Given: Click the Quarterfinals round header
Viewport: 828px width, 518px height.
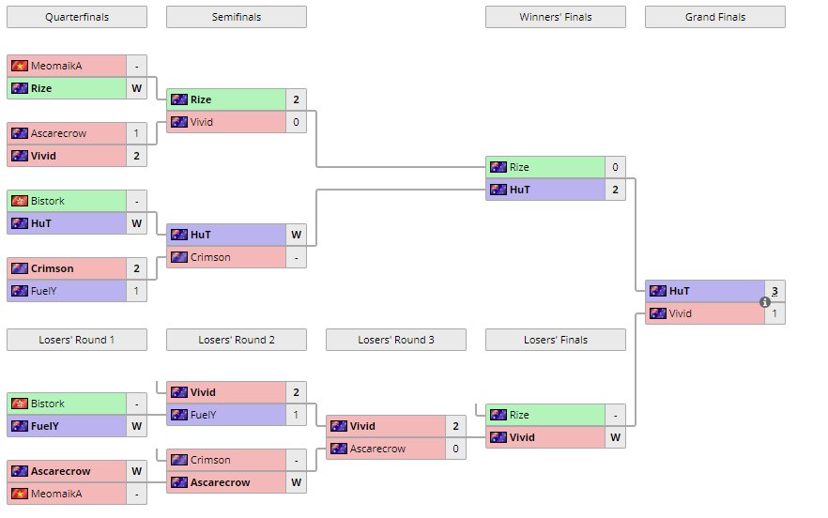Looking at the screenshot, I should click(x=76, y=17).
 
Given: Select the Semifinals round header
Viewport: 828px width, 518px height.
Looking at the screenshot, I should click(x=236, y=17).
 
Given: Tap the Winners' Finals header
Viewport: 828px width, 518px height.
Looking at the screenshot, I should click(x=555, y=17).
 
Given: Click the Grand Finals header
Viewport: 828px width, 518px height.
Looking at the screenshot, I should click(x=714, y=17).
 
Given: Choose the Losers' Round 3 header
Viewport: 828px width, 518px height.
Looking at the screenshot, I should click(x=395, y=340).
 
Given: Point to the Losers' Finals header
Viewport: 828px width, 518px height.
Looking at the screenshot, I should click(x=555, y=340).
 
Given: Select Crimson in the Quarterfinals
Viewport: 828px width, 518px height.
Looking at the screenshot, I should click(x=53, y=268).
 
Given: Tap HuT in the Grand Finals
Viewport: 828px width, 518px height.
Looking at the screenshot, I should click(x=680, y=291).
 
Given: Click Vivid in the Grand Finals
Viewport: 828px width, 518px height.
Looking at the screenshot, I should click(x=680, y=313).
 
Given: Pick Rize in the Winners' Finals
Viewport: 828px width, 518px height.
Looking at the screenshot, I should click(x=519, y=167).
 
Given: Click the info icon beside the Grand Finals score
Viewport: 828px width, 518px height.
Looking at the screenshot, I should click(x=765, y=302).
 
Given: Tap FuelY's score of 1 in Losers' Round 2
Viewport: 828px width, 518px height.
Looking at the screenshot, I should click(x=296, y=415).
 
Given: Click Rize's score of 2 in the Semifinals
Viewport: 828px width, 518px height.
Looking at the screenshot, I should click(x=296, y=99).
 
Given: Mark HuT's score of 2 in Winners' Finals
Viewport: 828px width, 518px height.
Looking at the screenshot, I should click(x=615, y=190).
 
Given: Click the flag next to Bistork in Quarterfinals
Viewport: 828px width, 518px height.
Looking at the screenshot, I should click(x=19, y=201).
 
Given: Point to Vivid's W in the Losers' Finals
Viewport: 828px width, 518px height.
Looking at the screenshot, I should click(x=615, y=437).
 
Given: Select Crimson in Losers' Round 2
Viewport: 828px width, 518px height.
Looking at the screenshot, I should click(x=212, y=460).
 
